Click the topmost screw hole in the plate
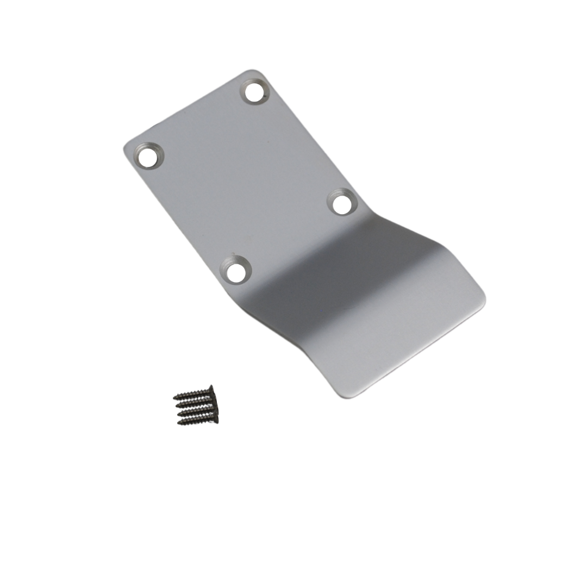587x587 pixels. (254, 91)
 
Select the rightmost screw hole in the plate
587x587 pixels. (342, 204)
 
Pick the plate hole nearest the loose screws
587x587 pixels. (235, 271)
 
